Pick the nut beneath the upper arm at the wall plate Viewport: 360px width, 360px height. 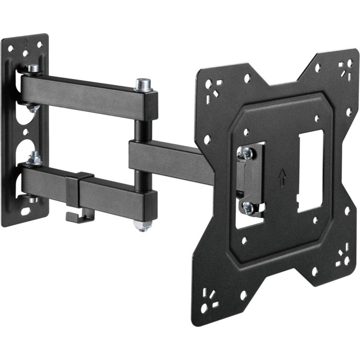pos(32,108)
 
